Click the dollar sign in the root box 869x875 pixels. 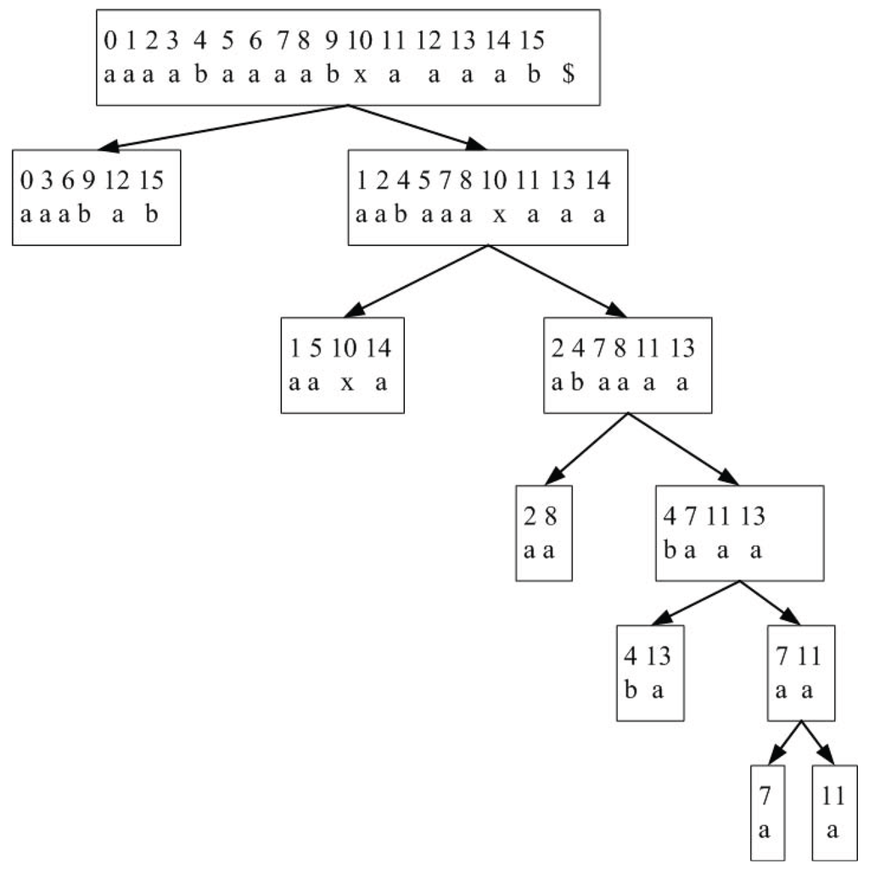pyautogui.click(x=568, y=76)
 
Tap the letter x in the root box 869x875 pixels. pyautogui.click(x=360, y=76)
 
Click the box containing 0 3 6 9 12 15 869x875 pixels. pyautogui.click(x=96, y=197)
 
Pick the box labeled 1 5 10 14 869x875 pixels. pyautogui.click(x=343, y=365)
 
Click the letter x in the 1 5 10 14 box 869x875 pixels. pyautogui.click(x=346, y=384)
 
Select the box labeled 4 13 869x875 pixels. pyautogui.click(x=649, y=672)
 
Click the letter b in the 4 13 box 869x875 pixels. pyautogui.click(x=631, y=690)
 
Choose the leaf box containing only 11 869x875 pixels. pyautogui.click(x=833, y=812)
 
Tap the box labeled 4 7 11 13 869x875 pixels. pyautogui.click(x=740, y=533)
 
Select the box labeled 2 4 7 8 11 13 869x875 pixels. pyautogui.click(x=628, y=365)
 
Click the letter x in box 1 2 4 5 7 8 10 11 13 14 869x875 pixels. pyautogui.click(x=500, y=216)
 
